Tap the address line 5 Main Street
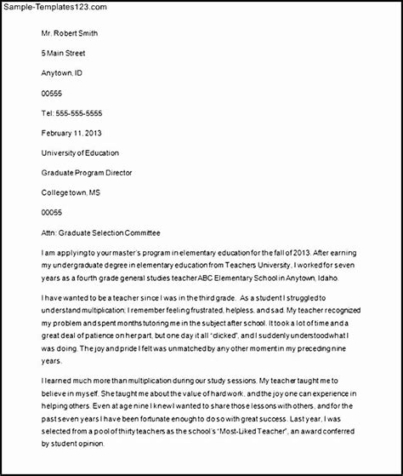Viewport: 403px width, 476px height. click(68, 52)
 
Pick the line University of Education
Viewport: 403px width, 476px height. click(84, 152)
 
